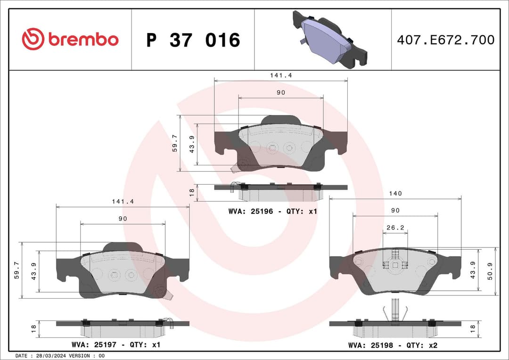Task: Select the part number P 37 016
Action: (x=193, y=41)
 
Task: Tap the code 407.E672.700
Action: (x=445, y=40)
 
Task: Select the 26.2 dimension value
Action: (x=395, y=227)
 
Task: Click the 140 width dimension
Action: (x=395, y=194)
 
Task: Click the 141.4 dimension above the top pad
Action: (x=281, y=75)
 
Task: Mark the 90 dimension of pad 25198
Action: (x=395, y=210)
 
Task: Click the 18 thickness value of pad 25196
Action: (x=192, y=193)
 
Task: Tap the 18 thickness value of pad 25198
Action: (x=473, y=329)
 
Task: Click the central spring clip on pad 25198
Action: (x=394, y=265)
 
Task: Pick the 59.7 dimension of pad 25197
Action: (x=17, y=270)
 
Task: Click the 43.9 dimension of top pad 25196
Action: (x=192, y=144)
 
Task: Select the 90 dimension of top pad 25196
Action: (x=281, y=93)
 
